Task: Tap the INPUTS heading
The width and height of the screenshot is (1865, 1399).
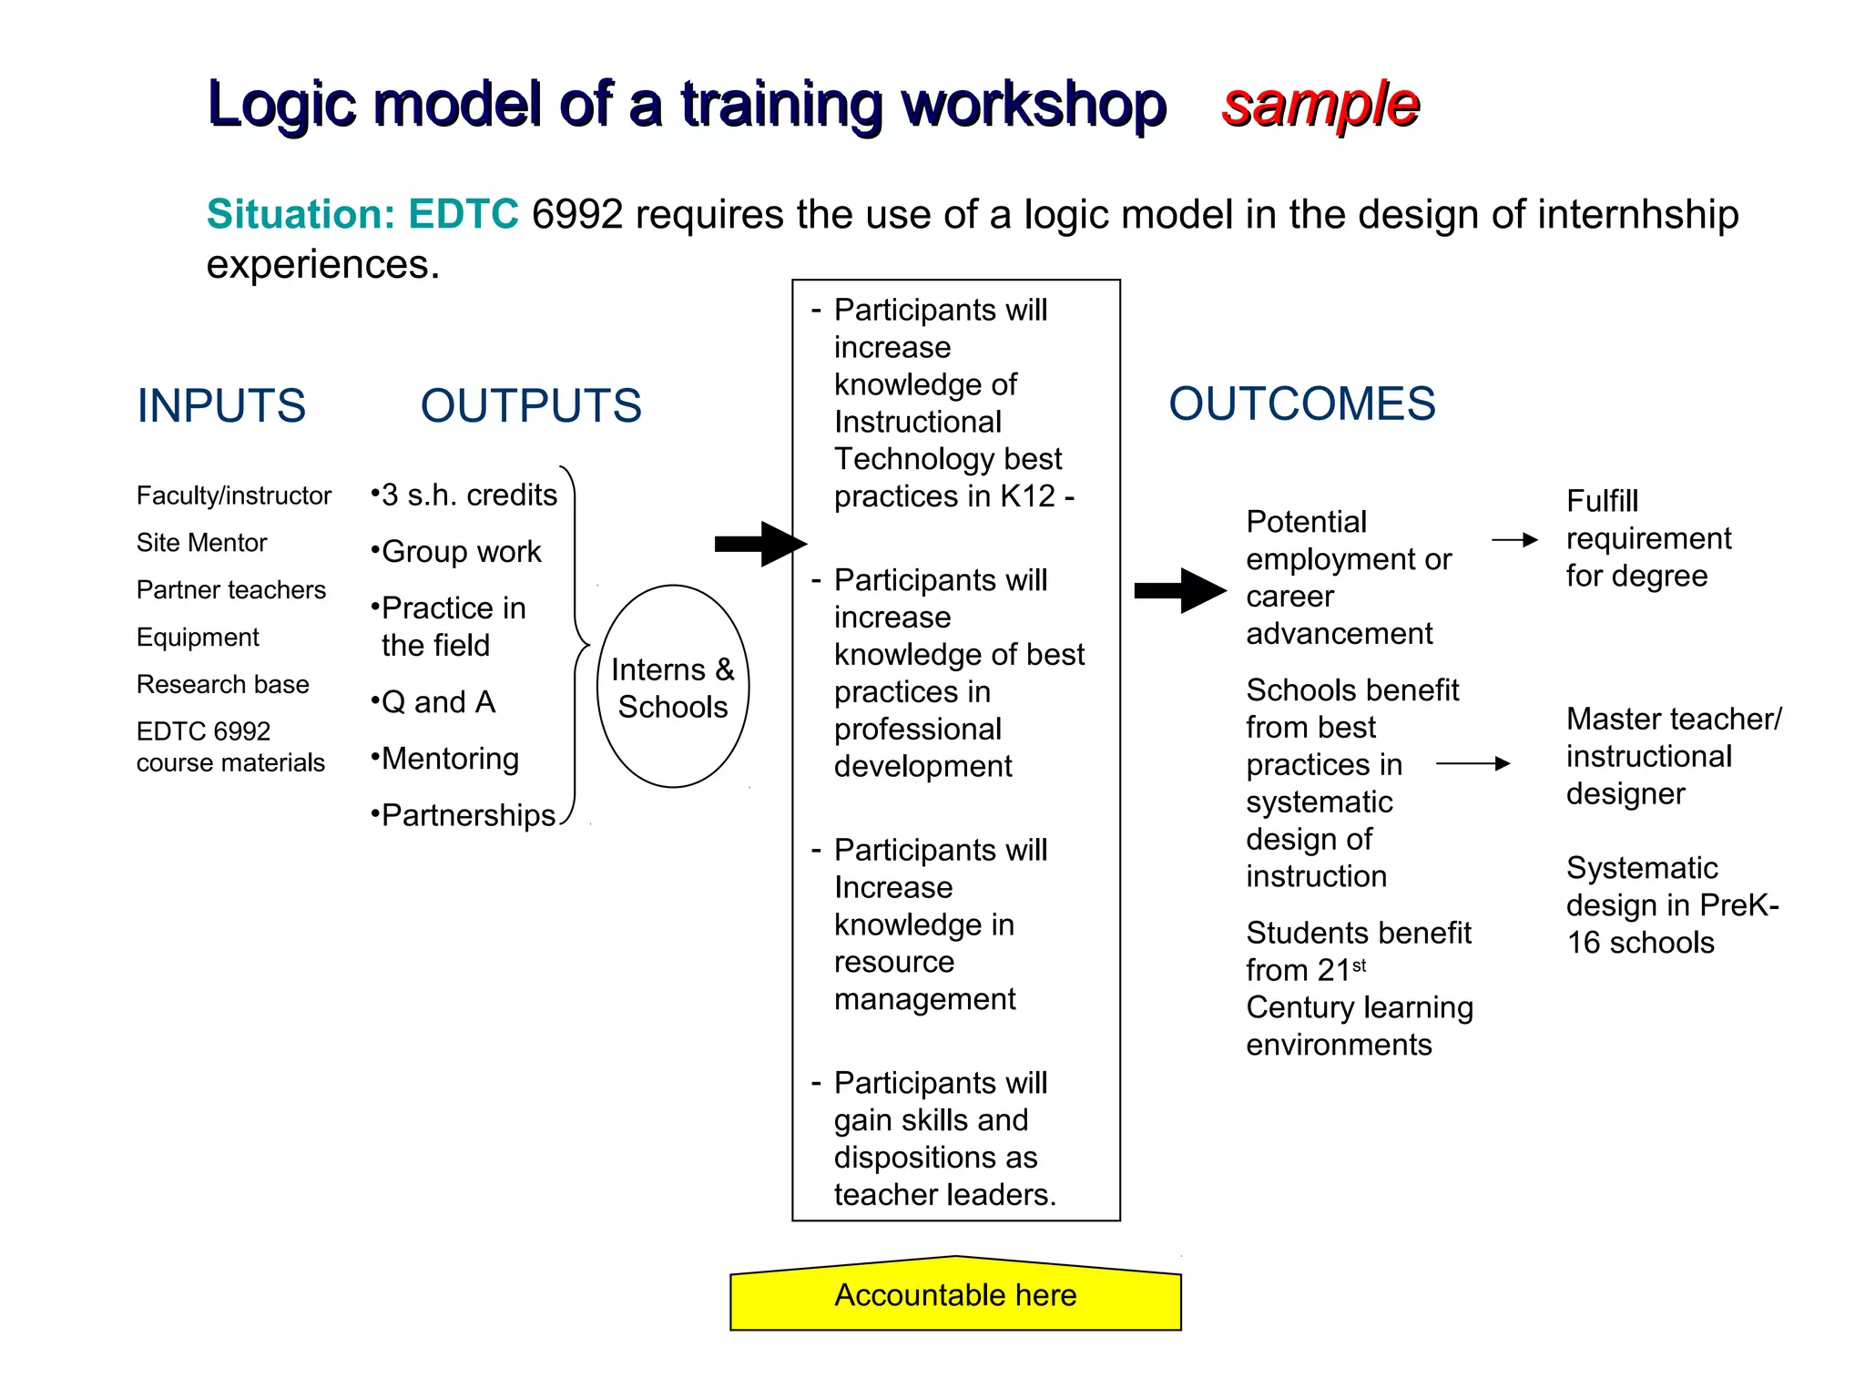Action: coord(221,405)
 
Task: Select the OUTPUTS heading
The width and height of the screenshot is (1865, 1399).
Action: coord(531,405)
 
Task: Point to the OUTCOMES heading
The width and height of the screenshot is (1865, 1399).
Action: coord(1301,403)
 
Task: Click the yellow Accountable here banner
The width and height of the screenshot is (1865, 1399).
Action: coord(955,1295)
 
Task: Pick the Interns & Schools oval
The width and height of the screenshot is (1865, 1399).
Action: coord(673,687)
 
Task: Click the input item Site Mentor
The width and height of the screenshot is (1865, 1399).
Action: coord(201,543)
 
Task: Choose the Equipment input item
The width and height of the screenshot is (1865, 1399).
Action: coord(198,638)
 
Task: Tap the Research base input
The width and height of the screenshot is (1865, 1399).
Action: coord(223,685)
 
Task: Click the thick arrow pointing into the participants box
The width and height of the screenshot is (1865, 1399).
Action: coord(759,544)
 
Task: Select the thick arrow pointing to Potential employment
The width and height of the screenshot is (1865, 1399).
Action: coord(1179,591)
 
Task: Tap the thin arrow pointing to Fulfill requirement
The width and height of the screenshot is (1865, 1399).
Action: coord(1514,540)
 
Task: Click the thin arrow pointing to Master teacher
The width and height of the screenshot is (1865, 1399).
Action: coord(1473,764)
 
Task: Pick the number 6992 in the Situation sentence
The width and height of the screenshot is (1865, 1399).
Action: coord(577,215)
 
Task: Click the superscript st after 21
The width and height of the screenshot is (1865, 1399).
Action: coord(1359,965)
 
